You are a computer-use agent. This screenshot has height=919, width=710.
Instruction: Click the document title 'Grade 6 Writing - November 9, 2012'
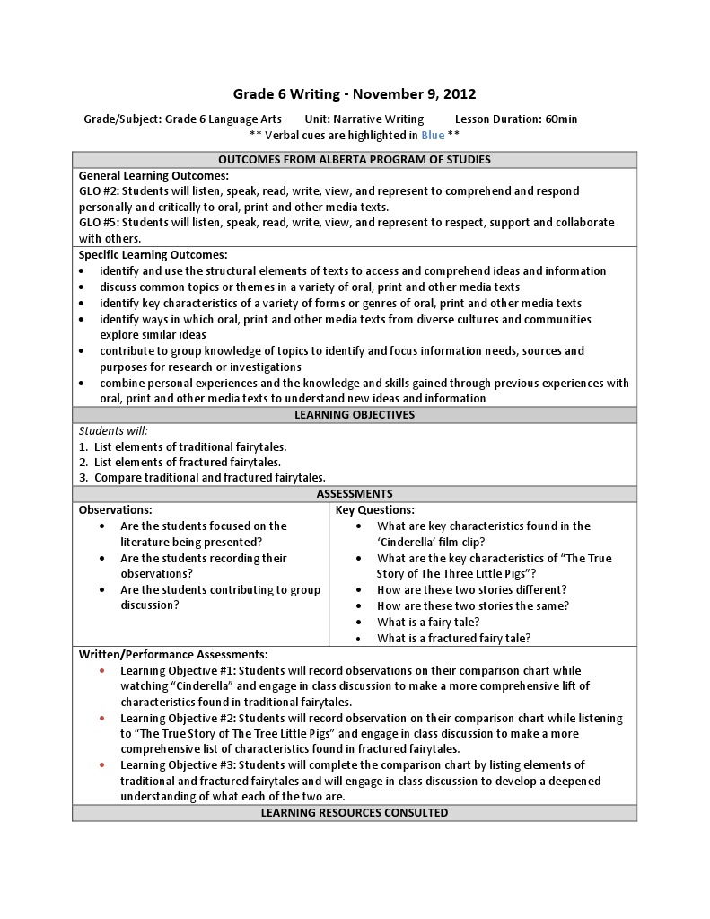[x=355, y=93]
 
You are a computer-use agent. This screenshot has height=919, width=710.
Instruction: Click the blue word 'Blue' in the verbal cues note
[x=433, y=135]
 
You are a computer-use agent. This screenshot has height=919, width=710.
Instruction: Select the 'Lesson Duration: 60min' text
[x=516, y=119]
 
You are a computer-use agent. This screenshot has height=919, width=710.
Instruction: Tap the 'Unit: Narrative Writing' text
[x=364, y=119]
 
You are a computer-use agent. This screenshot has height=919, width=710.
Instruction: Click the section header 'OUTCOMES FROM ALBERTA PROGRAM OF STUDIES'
[x=355, y=160]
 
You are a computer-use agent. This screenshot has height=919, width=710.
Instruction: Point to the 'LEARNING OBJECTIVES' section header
[x=355, y=415]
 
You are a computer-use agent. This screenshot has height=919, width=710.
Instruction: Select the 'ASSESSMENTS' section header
[x=355, y=494]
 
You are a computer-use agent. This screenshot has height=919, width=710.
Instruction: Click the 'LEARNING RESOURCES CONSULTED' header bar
[x=355, y=813]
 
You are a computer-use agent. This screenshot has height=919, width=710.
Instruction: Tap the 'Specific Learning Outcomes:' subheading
[x=153, y=255]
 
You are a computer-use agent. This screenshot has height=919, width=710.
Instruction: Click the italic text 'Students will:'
[x=113, y=431]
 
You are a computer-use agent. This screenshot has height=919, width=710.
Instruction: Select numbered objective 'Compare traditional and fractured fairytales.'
[x=209, y=478]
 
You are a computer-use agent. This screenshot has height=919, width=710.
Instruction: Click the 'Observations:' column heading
[x=115, y=510]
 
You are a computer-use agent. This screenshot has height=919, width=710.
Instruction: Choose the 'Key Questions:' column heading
[x=374, y=510]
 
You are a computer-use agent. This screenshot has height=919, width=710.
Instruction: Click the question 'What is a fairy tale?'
[x=428, y=623]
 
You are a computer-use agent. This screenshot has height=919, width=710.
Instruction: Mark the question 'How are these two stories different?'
[x=472, y=590]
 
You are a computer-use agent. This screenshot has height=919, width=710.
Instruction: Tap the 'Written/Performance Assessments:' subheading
[x=172, y=655]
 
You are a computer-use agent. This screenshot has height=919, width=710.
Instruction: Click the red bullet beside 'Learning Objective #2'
[x=103, y=719]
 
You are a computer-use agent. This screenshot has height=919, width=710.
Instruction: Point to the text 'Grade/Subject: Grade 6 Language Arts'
[x=182, y=119]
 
